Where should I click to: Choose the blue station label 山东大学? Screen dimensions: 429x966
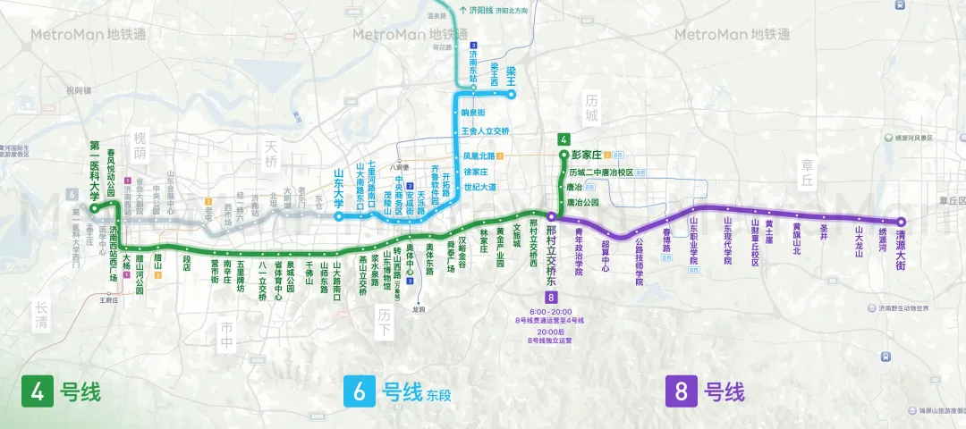pyautogui.click(x=339, y=189)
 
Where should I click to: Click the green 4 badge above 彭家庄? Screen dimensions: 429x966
pyautogui.click(x=563, y=139)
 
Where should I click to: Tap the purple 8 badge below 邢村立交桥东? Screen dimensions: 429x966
pyautogui.click(x=551, y=297)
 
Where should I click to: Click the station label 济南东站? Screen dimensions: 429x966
pyautogui.click(x=473, y=68)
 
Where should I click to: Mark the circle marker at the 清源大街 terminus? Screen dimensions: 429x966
pyautogui.click(x=902, y=222)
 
